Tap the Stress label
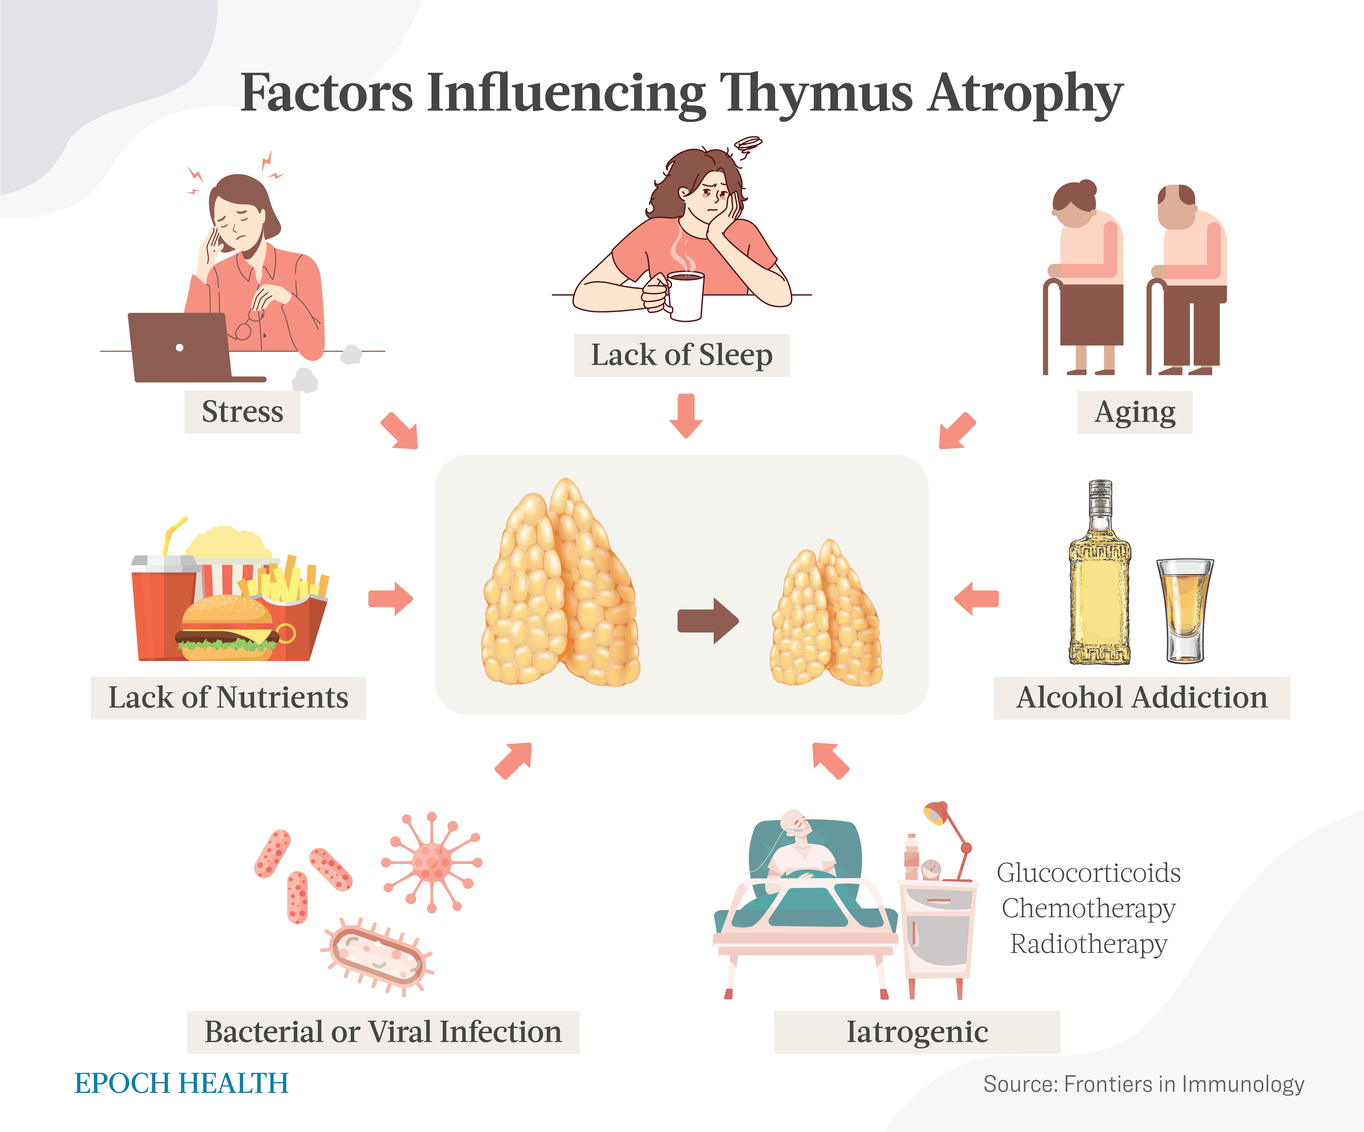coord(242,412)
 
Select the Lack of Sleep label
coord(681,355)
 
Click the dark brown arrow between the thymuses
coord(708,621)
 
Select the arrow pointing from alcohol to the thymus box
coord(976,598)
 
